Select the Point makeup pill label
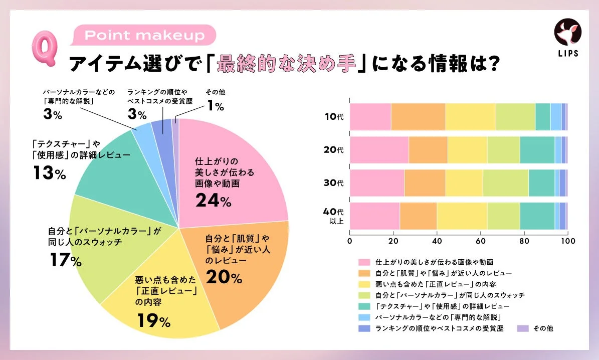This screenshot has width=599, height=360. tap(144, 36)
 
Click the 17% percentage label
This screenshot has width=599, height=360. tap(65, 261)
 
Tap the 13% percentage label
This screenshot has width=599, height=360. tap(49, 173)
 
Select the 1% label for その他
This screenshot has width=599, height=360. tap(216, 106)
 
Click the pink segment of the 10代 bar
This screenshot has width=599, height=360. tap(370, 117)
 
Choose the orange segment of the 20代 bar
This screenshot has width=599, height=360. tap(428, 150)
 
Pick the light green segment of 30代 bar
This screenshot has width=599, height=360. tap(505, 183)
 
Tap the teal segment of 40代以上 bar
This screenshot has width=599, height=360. tap(537, 216)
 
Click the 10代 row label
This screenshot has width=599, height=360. tap(333, 117)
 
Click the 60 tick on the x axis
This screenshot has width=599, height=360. tap(480, 241)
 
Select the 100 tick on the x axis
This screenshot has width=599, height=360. tap(567, 241)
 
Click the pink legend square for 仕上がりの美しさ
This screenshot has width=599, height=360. tap(363, 262)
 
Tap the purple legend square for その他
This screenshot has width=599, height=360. tap(522, 328)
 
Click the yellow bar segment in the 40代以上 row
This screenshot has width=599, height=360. tap(462, 216)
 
